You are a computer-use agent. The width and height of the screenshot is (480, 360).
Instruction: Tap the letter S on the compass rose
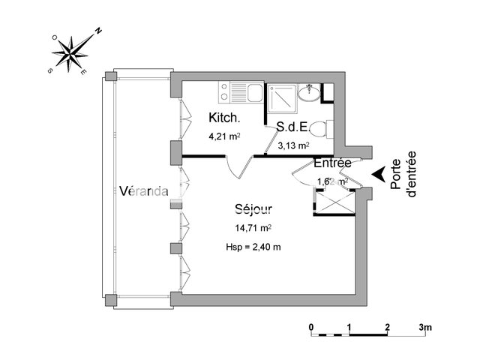pos(50,70)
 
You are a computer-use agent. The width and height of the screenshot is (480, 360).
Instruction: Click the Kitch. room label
pos(224,118)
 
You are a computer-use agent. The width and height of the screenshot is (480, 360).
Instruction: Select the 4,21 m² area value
pos(224,136)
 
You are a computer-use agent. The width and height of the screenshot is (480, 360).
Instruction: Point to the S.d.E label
pos(292,127)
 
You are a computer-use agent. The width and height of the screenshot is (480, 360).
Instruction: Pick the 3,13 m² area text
pos(293,146)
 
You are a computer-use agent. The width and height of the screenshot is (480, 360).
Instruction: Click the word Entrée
pos(333,163)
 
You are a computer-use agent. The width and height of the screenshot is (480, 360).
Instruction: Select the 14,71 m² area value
pos(253,228)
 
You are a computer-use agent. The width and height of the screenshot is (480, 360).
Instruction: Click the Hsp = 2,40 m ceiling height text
pos(253,247)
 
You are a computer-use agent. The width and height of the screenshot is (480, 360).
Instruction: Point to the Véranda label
pos(143,190)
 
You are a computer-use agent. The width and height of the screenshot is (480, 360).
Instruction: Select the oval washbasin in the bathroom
pos(307,93)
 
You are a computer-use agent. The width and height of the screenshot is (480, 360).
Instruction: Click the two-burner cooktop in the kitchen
pos(224,92)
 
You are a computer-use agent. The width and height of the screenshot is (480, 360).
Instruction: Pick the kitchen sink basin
pos(253,92)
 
